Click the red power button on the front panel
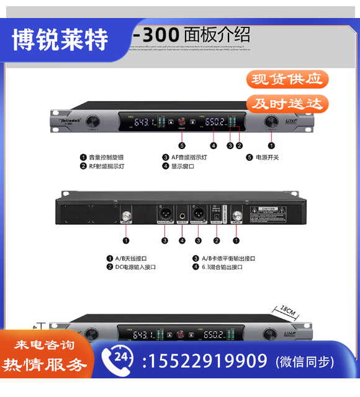pos(182,122)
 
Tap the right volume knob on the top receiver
pos(271,122)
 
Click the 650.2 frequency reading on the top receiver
pos(215,122)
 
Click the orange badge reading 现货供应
pos(287,79)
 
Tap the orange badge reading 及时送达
pos(287,103)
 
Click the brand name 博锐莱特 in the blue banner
pos(60,40)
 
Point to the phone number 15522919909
pos(205,361)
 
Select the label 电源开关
pos(267,157)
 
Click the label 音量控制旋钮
pos(110,157)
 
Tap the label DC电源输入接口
pos(135,267)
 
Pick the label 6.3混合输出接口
pos(221,267)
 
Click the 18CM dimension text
pos(287,308)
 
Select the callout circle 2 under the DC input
pos(217,240)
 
